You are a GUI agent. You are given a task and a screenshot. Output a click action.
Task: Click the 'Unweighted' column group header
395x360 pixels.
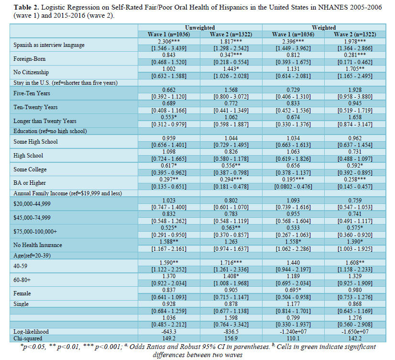pos(200,27)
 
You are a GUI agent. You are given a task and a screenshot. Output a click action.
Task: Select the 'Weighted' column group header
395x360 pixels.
pos(324,27)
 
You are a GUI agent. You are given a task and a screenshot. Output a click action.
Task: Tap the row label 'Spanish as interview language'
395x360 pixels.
pos(49,45)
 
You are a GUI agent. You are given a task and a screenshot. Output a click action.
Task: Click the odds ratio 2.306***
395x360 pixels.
pos(169,41)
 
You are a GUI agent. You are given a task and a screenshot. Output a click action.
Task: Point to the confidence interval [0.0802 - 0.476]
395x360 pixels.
pos(293,187)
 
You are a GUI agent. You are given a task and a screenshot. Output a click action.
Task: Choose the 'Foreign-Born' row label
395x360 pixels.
pos(30,59)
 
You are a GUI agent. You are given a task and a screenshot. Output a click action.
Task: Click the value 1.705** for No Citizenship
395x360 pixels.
pos(355,69)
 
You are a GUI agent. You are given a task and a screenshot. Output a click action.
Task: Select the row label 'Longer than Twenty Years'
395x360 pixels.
pos(45,121)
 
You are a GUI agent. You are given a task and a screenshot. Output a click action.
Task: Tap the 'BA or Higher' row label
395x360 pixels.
pos(30,183)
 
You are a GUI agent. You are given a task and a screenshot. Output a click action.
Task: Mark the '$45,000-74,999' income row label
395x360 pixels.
pos(32,217)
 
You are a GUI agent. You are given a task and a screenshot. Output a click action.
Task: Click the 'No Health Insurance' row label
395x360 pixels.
pos(38,245)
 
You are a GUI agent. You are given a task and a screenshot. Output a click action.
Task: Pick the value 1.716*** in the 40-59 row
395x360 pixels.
pos(231,263)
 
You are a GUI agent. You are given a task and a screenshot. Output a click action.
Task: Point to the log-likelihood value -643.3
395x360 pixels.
pos(169,332)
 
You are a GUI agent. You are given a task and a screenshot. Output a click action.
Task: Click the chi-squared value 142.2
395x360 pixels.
pos(355,338)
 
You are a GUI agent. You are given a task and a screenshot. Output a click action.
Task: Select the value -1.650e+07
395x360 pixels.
pos(355,332)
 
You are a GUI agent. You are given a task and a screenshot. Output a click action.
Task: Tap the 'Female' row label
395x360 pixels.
pos(22,293)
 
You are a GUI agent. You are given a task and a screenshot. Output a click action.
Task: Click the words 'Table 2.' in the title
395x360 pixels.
pos(26,7)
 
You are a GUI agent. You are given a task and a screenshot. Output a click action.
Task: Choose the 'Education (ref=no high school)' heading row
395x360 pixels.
pos(50,131)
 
